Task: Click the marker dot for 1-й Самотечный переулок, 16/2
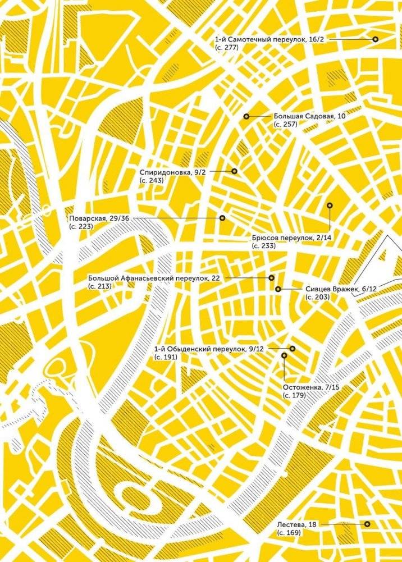click(374, 39)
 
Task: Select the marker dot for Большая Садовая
click(246, 116)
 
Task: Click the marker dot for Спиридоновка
click(234, 171)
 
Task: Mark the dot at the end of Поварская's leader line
click(222, 217)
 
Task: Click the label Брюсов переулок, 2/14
click(292, 238)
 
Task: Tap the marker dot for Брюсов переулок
click(330, 205)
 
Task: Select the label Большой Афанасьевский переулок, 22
click(154, 278)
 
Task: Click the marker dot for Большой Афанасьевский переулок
click(271, 277)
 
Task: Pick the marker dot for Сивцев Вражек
click(278, 289)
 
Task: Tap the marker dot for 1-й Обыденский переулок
click(292, 349)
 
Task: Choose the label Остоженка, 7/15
click(310, 387)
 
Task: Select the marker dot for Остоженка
click(285, 355)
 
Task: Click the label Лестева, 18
click(297, 524)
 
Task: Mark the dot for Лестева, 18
click(367, 524)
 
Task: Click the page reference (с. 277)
click(227, 48)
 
